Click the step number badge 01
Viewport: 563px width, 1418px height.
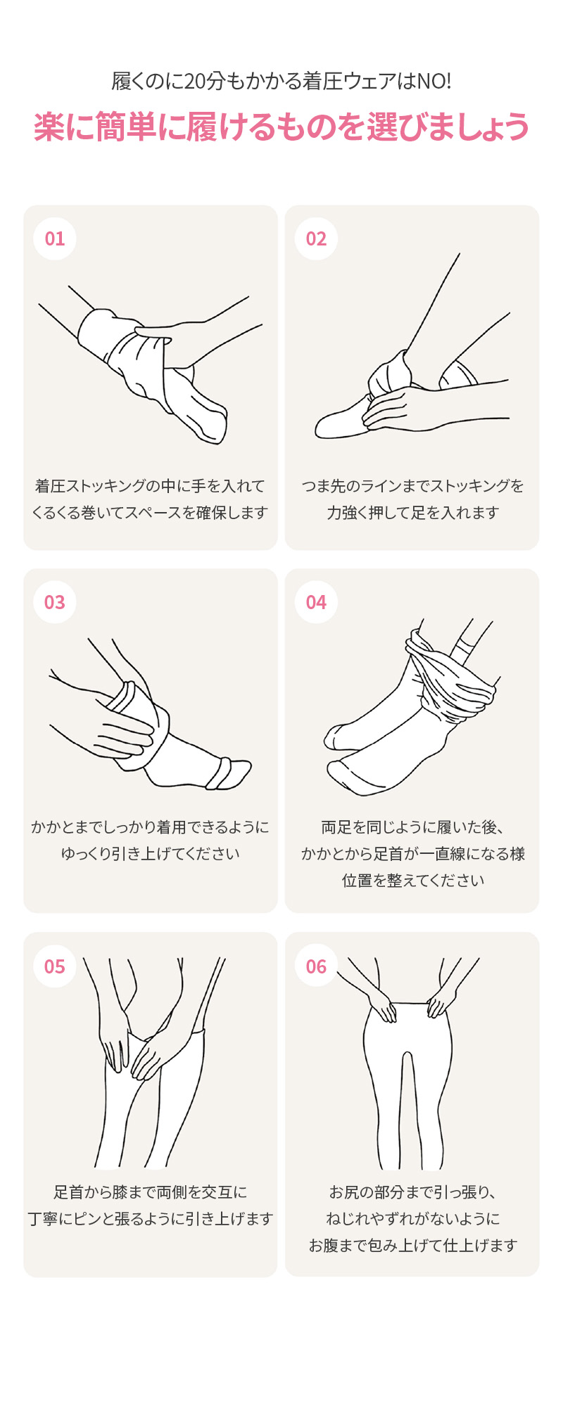tap(55, 238)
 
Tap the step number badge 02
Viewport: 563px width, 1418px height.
tap(316, 238)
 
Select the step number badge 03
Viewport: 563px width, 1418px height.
tap(55, 602)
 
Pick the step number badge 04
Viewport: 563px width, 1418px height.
tap(316, 602)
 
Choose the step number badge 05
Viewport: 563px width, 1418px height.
tap(55, 966)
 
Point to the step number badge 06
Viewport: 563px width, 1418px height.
tap(316, 966)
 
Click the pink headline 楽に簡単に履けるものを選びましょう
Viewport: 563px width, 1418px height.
tap(281, 127)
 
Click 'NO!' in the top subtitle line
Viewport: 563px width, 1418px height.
tap(434, 82)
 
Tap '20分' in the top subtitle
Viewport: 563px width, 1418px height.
tap(205, 82)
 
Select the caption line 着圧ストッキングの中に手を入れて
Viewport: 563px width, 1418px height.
tap(150, 486)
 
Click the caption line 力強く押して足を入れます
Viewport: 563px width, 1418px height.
tap(412, 513)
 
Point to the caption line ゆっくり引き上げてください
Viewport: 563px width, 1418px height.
tap(150, 854)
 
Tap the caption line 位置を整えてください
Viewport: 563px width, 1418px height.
tap(412, 881)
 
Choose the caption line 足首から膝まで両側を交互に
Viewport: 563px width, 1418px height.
tap(150, 1192)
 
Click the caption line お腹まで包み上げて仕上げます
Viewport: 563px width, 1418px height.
tap(412, 1246)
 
